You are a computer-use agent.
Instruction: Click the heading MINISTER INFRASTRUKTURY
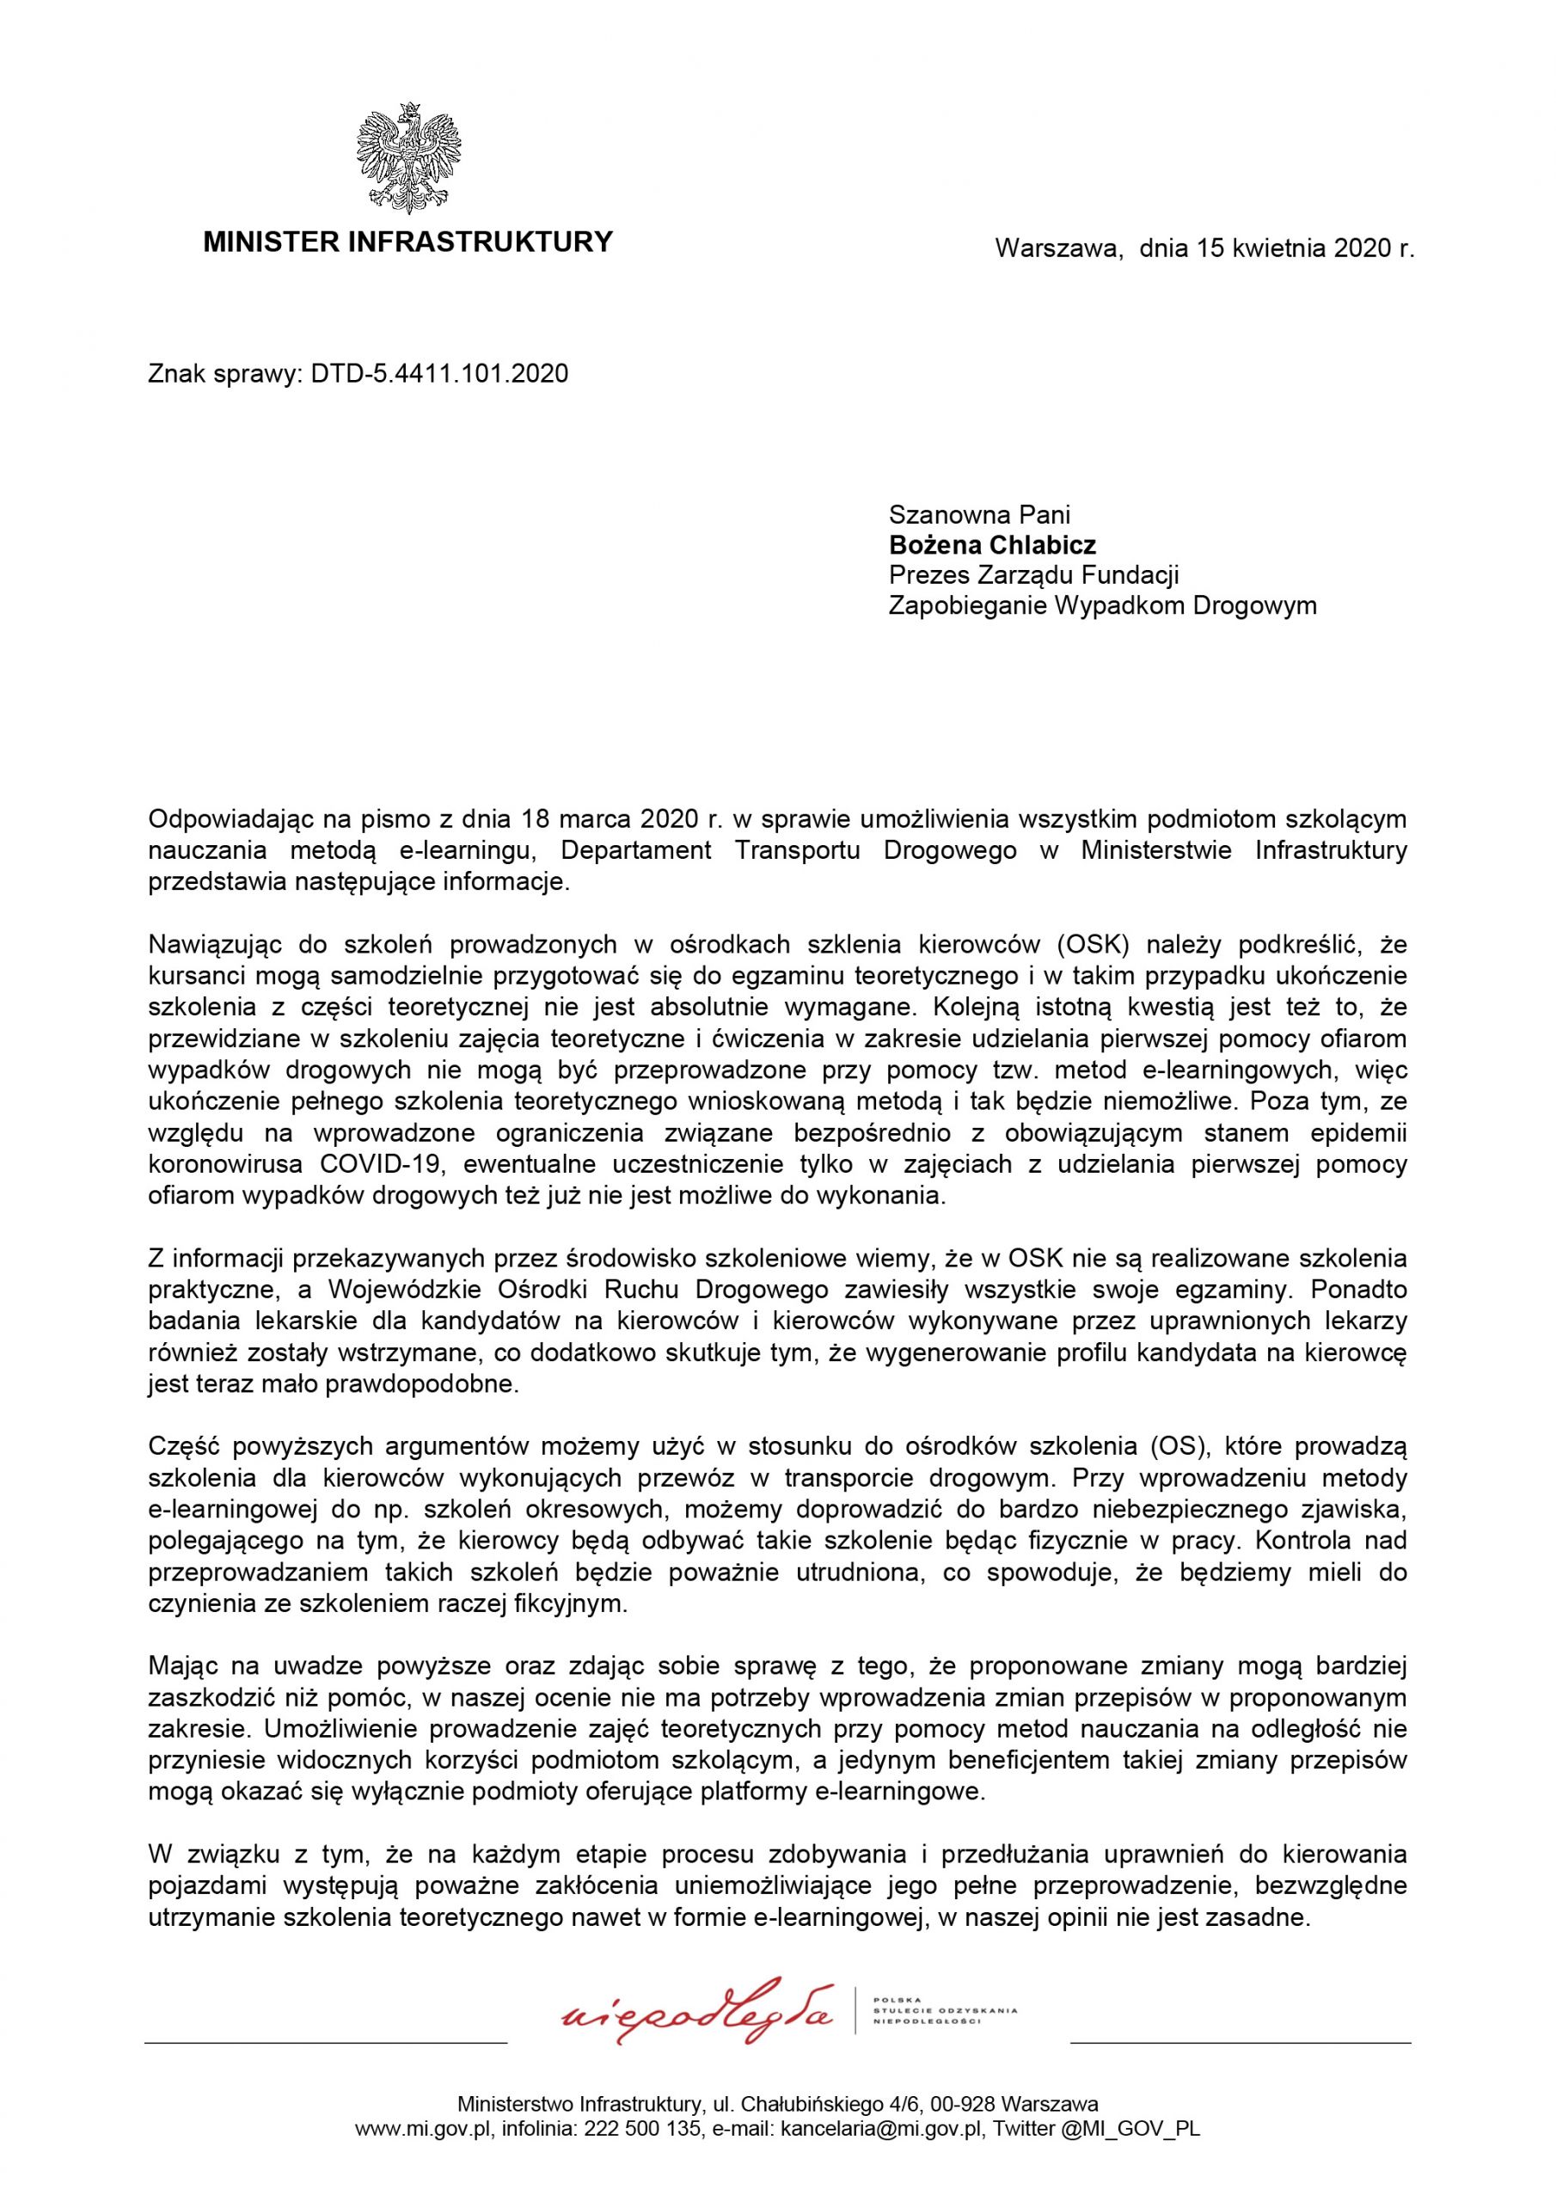tap(407, 242)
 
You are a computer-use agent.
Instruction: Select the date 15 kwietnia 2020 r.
tap(1305, 249)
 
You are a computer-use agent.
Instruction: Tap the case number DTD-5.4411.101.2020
tap(439, 374)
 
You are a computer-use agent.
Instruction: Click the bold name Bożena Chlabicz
tap(992, 545)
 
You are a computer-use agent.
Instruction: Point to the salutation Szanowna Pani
tap(979, 516)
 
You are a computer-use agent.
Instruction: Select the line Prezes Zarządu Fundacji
tap(1033, 575)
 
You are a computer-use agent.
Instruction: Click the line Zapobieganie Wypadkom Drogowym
tap(1103, 606)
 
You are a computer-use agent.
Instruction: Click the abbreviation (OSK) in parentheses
tap(1099, 945)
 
